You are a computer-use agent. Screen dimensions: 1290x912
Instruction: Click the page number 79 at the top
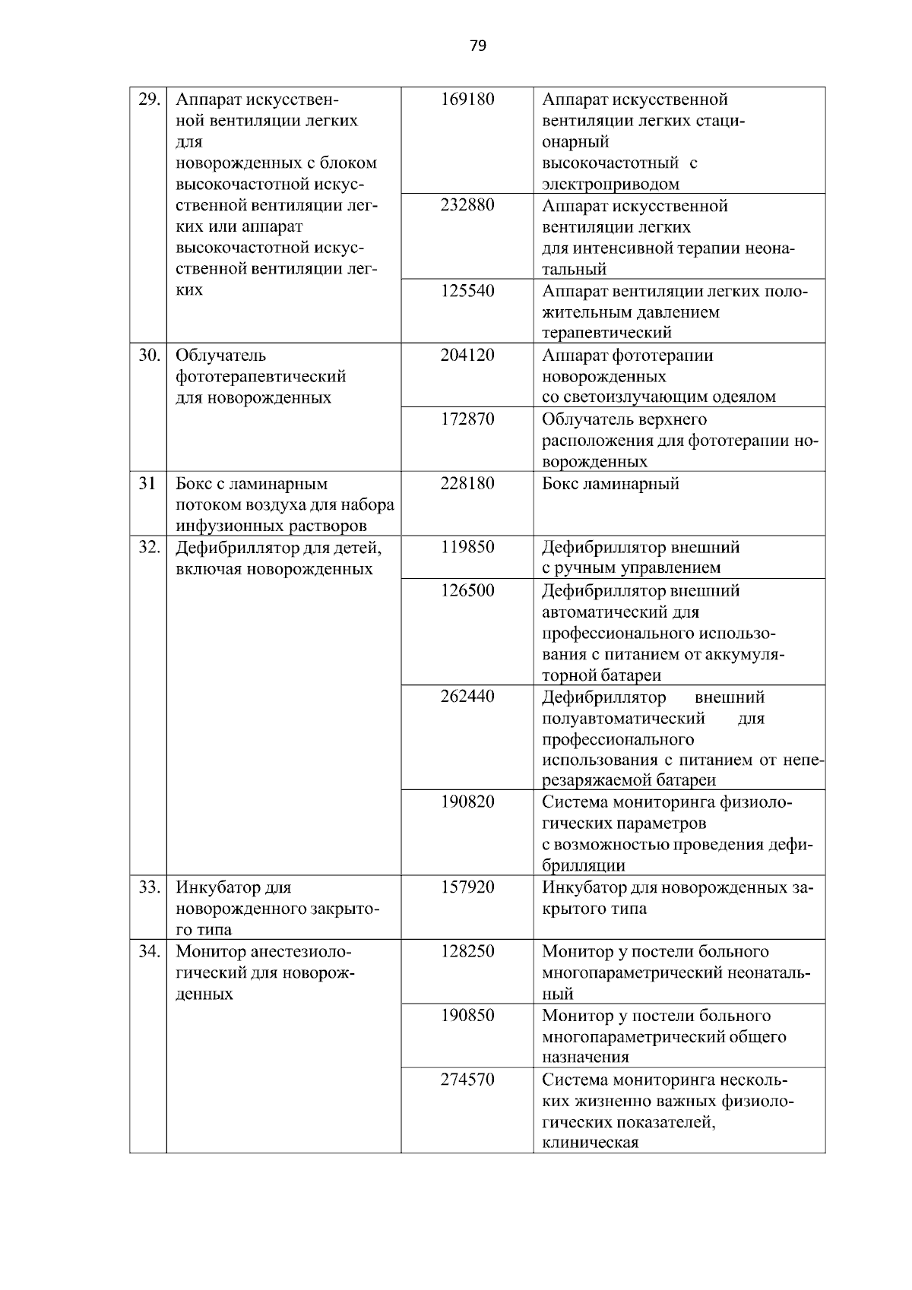477,46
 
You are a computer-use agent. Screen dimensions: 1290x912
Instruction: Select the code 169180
467,100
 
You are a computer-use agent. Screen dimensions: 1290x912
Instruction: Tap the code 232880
467,206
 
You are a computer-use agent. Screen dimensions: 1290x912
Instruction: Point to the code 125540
467,291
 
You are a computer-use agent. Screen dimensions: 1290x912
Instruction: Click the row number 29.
148,100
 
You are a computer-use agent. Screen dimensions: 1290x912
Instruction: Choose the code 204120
467,356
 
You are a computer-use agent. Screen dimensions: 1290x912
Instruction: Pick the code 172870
467,419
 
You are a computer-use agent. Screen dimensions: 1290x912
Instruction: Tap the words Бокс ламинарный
610,484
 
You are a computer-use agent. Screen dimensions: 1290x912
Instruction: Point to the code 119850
467,547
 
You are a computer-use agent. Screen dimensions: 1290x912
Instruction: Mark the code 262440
467,697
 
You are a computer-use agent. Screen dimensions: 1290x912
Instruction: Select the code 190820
467,802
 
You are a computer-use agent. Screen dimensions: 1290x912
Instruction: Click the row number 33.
148,887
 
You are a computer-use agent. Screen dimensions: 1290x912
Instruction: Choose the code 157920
467,887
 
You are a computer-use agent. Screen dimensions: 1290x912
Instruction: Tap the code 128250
467,952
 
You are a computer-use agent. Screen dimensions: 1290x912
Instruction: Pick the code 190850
467,1016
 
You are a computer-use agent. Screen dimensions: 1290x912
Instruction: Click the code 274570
467,1080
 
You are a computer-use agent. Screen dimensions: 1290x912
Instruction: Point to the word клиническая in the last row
590,1143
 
